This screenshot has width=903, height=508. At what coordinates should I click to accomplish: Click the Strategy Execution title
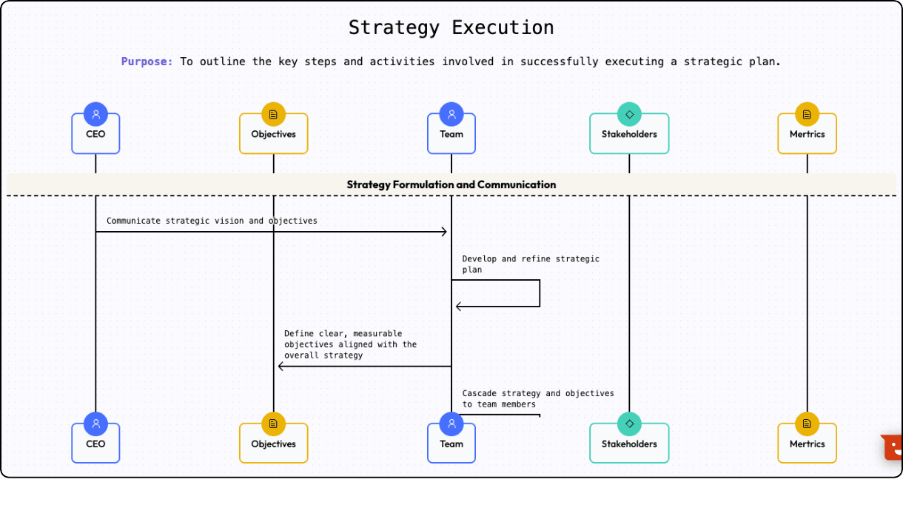[x=451, y=28]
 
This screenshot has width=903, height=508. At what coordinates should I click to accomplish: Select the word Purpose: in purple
[x=147, y=61]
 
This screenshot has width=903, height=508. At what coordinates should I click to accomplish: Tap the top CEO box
[x=95, y=134]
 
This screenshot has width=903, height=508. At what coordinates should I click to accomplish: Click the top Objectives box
[x=273, y=134]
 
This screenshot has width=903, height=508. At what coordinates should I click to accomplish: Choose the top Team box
[x=451, y=134]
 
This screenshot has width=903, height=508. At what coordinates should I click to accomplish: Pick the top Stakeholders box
[x=629, y=134]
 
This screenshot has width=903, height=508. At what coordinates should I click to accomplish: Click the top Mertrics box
[x=807, y=134]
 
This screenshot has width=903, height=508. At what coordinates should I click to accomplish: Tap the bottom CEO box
[x=95, y=444]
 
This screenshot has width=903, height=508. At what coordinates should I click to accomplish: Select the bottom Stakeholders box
[x=629, y=444]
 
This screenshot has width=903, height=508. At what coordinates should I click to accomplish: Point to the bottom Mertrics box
[x=807, y=444]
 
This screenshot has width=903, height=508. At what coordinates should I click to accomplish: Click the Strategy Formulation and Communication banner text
[x=451, y=184]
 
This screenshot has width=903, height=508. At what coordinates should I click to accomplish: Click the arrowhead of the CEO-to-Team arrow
[x=444, y=232]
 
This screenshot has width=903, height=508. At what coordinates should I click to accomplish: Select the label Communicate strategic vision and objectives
[x=212, y=221]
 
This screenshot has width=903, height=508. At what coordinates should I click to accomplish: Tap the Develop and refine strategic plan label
[x=530, y=264]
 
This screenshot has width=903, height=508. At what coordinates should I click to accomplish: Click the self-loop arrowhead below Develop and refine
[x=459, y=306]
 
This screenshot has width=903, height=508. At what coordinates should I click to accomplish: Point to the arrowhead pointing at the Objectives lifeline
[x=281, y=366]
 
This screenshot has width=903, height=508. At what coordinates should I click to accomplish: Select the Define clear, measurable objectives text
[x=350, y=344]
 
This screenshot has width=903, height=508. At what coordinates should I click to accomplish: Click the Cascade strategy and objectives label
[x=537, y=398]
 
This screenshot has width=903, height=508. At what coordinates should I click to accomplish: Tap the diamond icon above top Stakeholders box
[x=629, y=114]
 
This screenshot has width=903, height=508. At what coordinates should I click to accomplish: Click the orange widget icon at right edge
[x=893, y=447]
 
